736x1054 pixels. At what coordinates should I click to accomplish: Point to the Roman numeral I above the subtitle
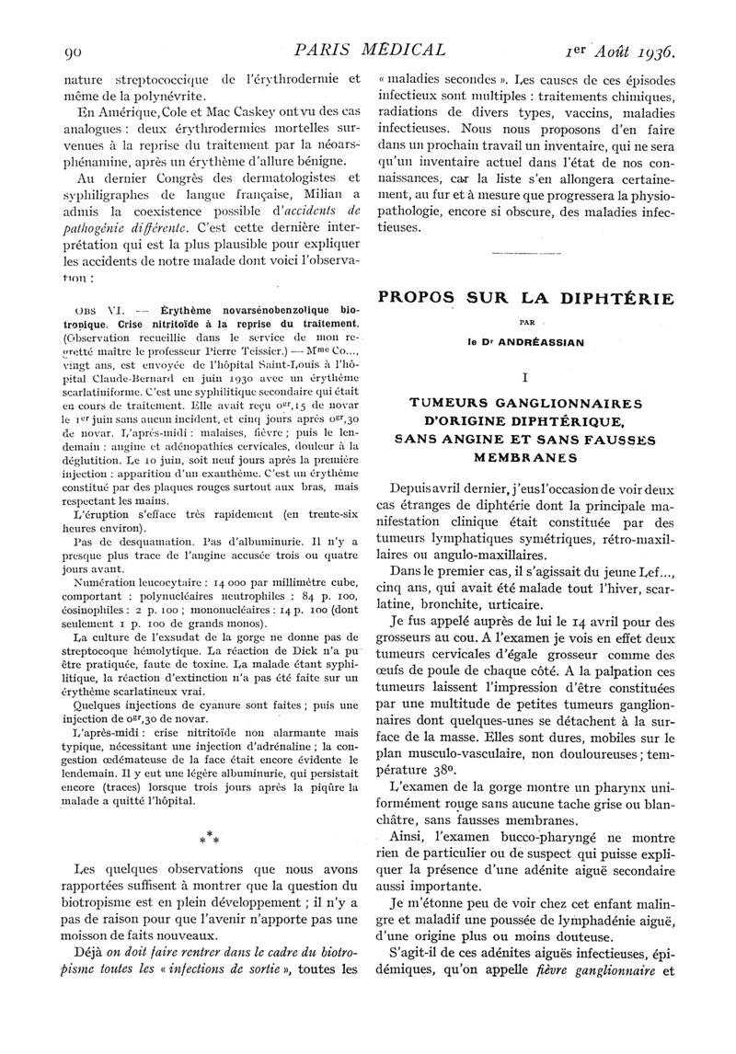tap(523, 376)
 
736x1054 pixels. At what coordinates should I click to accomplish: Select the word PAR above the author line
tap(523, 323)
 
